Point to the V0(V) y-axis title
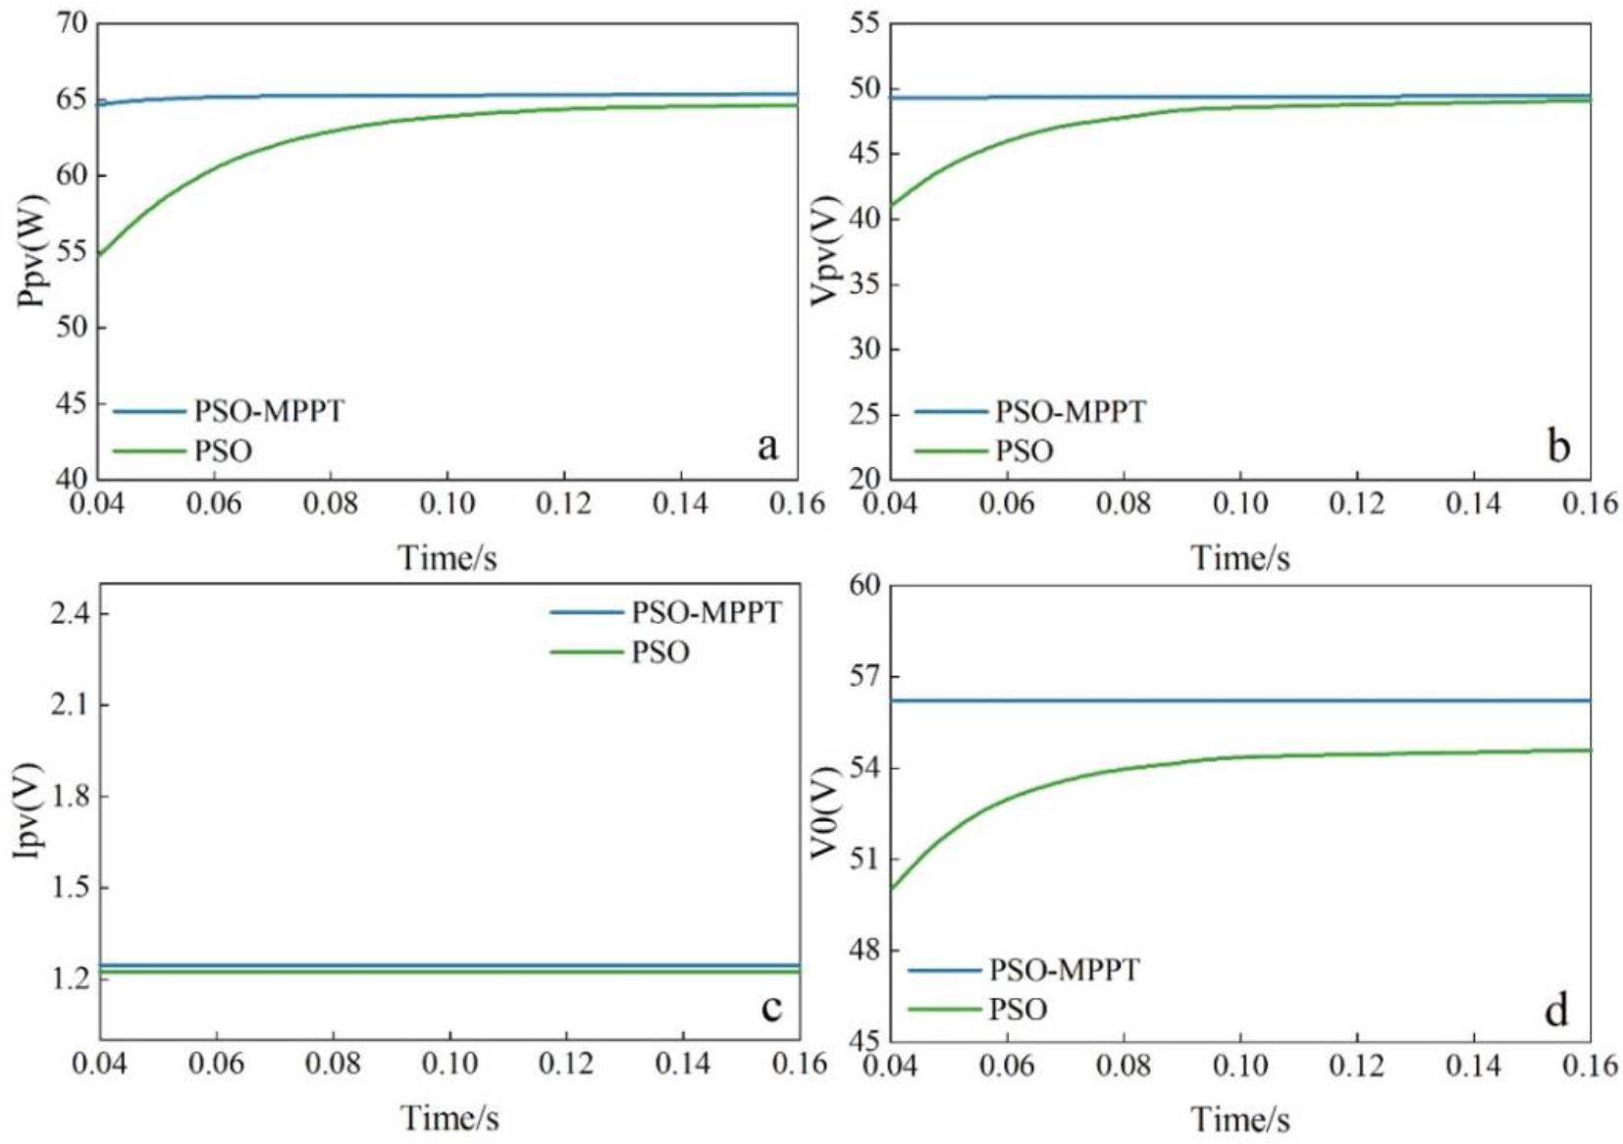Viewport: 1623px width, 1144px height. point(826,812)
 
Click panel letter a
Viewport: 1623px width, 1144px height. point(767,446)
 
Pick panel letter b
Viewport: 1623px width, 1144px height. point(1558,446)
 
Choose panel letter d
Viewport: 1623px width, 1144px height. point(1556,1010)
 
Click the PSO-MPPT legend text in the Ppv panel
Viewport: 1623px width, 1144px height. point(269,411)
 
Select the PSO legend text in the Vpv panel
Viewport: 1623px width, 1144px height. point(1024,451)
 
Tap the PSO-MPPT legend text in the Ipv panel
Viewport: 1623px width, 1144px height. point(707,613)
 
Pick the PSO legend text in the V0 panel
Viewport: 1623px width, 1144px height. point(1018,1010)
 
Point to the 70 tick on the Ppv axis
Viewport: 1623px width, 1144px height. point(71,23)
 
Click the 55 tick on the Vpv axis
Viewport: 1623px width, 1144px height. point(864,24)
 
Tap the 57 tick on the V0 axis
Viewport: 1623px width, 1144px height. point(864,676)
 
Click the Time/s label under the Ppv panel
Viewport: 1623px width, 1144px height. point(447,558)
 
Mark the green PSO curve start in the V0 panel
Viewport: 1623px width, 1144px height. point(891,889)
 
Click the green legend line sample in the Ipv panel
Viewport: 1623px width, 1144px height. point(586,652)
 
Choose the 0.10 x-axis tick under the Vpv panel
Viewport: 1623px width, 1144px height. point(1239,504)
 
